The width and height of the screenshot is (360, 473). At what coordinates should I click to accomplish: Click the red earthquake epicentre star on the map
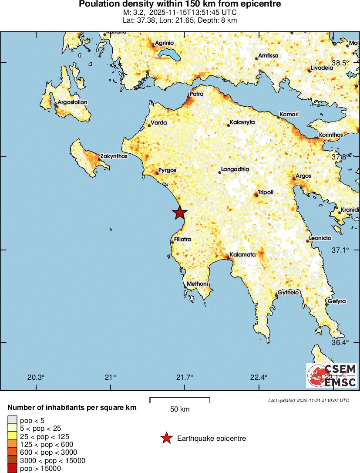[179, 213]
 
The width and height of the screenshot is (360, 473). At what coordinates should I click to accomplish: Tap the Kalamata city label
[242, 255]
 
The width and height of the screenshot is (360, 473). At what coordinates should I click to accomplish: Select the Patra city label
[196, 94]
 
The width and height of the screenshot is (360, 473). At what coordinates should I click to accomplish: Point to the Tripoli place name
[266, 192]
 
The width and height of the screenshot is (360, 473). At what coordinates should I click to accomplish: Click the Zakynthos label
[114, 156]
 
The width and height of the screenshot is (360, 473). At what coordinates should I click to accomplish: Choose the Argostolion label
[72, 102]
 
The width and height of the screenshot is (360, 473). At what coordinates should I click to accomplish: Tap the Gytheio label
[288, 293]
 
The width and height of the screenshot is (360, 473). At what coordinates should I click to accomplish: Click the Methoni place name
[197, 284]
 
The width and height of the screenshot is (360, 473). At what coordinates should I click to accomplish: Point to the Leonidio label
[320, 239]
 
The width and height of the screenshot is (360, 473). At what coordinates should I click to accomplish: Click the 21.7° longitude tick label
[185, 377]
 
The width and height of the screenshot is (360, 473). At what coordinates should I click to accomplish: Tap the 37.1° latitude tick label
[340, 250]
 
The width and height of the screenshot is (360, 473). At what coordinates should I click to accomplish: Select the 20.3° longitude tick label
[36, 377]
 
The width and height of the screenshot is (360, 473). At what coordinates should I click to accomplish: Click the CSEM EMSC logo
[331, 375]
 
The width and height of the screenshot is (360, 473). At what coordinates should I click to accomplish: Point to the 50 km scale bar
[180, 400]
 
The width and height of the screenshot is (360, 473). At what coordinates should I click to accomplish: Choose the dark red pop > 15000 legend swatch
[13, 469]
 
